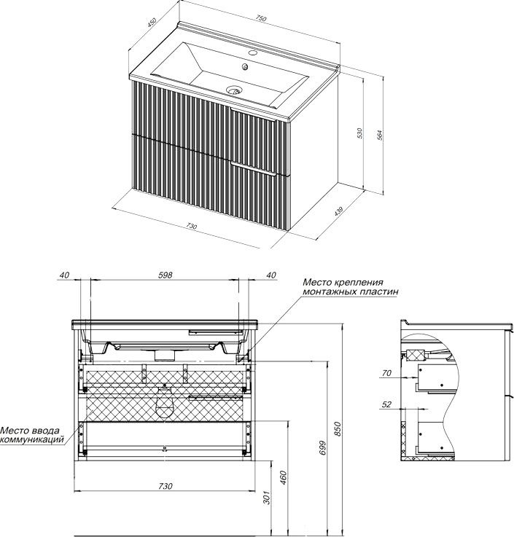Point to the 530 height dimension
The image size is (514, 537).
(359, 133)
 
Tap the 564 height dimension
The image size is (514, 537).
(380, 135)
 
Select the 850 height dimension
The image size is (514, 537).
(338, 430)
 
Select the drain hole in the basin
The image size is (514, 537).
(235, 92)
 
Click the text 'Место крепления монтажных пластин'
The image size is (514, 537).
(343, 286)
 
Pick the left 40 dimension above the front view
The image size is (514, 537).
(66, 275)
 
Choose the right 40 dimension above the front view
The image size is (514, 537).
(271, 275)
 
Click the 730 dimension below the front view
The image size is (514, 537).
(165, 486)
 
